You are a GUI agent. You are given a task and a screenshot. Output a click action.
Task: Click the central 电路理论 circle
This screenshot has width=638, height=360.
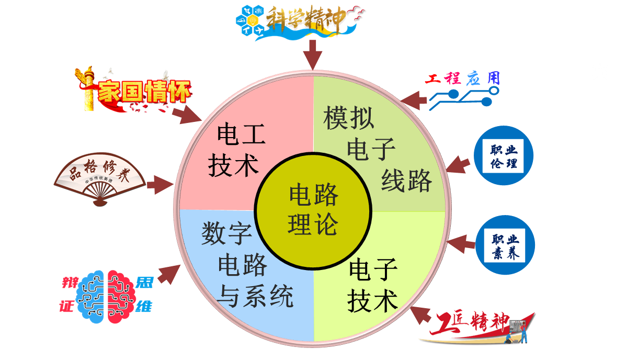pyautogui.click(x=313, y=210)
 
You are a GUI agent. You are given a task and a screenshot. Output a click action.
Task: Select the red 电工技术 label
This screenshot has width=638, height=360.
pyautogui.click(x=236, y=150)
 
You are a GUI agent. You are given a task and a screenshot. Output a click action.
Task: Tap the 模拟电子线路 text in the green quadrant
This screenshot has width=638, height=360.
pyautogui.click(x=375, y=150)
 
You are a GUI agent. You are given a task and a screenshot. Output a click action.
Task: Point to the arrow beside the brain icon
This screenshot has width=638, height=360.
pyautogui.click(x=169, y=273)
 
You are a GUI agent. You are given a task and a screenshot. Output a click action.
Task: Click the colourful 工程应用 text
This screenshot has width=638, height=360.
pyautogui.click(x=462, y=78)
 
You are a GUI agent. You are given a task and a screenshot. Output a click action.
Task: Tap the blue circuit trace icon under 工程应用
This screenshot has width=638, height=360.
pyautogui.click(x=463, y=98)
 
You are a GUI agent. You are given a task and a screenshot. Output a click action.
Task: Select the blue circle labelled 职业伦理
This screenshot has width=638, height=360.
pyautogui.click(x=503, y=155)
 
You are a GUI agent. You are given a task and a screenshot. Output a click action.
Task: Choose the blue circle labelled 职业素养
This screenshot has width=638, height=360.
pyautogui.click(x=505, y=245)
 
